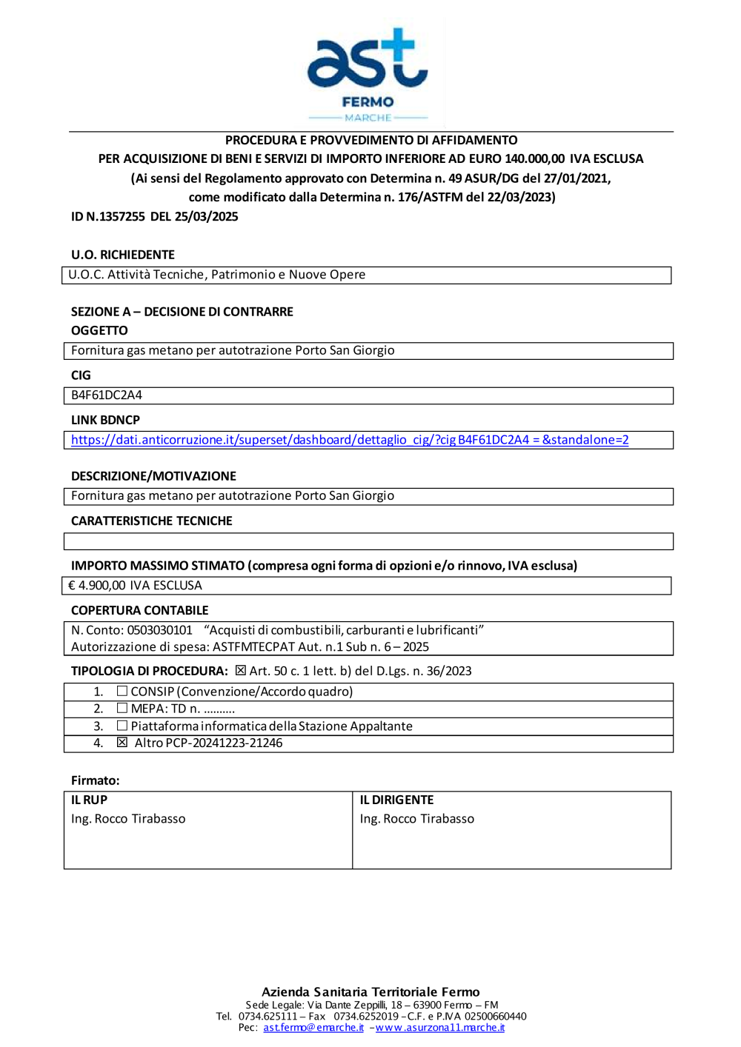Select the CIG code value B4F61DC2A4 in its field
pyautogui.click(x=107, y=395)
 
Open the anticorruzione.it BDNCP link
pyautogui.click(x=350, y=440)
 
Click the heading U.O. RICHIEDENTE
pyautogui.click(x=123, y=255)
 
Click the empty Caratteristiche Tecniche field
pyautogui.click(x=368, y=541)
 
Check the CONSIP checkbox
pyautogui.click(x=122, y=691)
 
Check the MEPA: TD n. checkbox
pyautogui.click(x=122, y=708)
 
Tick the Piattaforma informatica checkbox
pyautogui.click(x=122, y=726)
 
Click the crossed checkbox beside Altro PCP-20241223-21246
pyautogui.click(x=122, y=743)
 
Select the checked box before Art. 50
pyautogui.click(x=240, y=671)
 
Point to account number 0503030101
pyautogui.click(x=159, y=630)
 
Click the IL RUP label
pyautogui.click(x=89, y=800)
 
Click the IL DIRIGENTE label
pyautogui.click(x=396, y=800)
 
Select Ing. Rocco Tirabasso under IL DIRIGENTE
pyautogui.click(x=417, y=819)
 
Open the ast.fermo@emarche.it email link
pyautogui.click(x=313, y=1028)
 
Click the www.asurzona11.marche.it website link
pyautogui.click(x=440, y=1028)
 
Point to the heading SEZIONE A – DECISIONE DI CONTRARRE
pyautogui.click(x=182, y=312)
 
